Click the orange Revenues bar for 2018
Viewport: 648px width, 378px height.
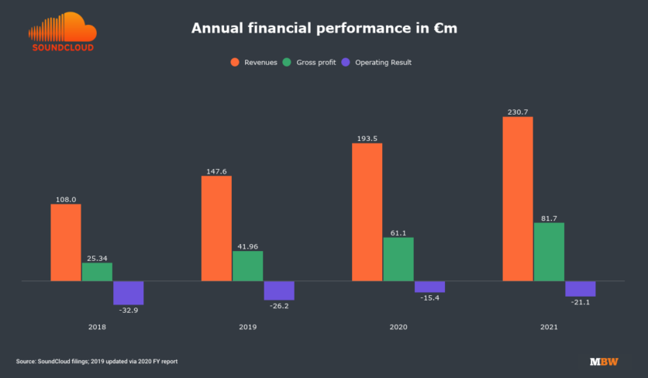(x=66, y=242)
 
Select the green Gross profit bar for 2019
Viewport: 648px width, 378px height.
(x=247, y=266)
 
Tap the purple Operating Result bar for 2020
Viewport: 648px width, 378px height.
(x=429, y=287)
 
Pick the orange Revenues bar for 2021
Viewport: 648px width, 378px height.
(x=518, y=198)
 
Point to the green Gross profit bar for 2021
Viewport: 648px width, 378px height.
(x=549, y=252)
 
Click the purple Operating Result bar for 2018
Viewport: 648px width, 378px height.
(x=129, y=293)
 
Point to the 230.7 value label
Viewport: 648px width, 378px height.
(x=518, y=112)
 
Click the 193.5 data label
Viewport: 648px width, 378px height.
(x=367, y=139)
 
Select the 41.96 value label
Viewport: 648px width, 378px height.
(x=248, y=246)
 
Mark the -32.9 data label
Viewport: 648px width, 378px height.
(x=129, y=310)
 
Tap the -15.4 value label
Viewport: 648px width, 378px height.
(x=429, y=297)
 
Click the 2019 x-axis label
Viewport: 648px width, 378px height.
(x=248, y=328)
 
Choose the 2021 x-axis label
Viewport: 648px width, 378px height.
(x=549, y=328)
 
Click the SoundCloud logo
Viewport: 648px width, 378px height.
(x=62, y=32)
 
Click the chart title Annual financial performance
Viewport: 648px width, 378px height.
(x=323, y=29)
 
